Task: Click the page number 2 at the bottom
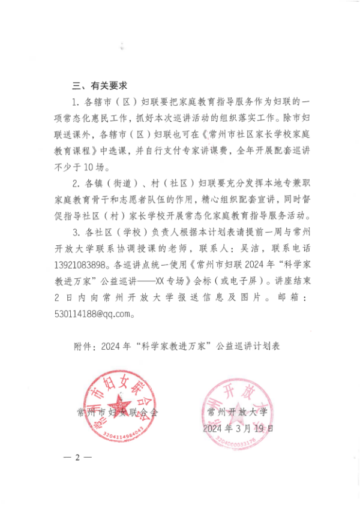77,458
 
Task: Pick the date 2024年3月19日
238,428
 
